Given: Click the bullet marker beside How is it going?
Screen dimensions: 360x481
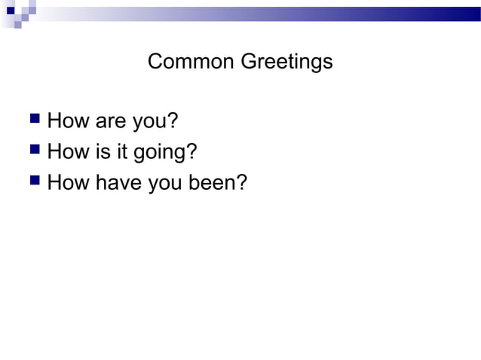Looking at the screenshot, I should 33,151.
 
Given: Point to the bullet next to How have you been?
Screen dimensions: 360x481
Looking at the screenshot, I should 33,183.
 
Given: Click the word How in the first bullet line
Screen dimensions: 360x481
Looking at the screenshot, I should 67,120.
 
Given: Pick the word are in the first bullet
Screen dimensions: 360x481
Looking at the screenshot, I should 109,121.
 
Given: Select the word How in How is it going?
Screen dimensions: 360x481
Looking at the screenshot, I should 67,152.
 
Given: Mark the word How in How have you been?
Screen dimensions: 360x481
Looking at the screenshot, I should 67,184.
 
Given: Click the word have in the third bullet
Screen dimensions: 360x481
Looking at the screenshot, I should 117,184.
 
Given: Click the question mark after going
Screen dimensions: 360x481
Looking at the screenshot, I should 192,152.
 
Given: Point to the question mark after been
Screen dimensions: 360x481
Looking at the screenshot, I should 242,184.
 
